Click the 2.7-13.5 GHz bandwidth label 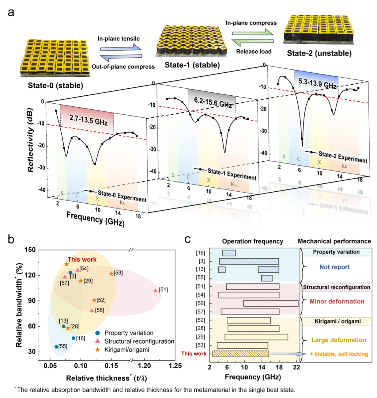click(x=89, y=119)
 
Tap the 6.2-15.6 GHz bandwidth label click(x=213, y=102)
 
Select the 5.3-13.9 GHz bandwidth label click(x=317, y=83)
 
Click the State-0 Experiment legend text click(x=122, y=196)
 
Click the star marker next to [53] click(x=111, y=274)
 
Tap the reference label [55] click(x=63, y=346)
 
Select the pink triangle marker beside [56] click(x=92, y=310)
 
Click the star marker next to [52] click(x=94, y=300)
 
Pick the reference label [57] click(x=65, y=283)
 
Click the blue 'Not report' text click(x=334, y=267)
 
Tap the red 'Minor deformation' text click(x=337, y=301)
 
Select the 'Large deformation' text click(x=339, y=340)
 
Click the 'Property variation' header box click(x=336, y=252)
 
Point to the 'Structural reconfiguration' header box click(x=337, y=287)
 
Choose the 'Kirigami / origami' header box click(x=337, y=321)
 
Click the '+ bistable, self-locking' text click(x=339, y=354)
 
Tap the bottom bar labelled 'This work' click(x=240, y=354)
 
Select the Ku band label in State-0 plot click(x=123, y=203)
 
